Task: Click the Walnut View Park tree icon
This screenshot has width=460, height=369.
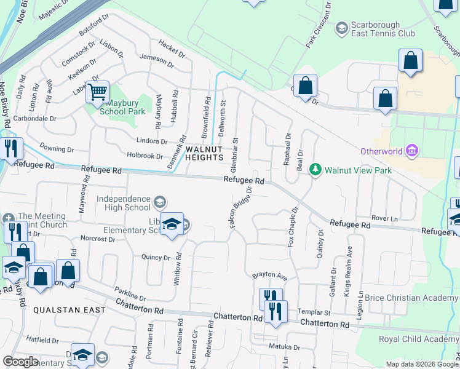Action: click(x=315, y=169)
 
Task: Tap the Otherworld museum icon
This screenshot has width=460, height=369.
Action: click(x=412, y=151)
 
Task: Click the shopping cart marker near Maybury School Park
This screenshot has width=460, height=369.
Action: click(x=97, y=93)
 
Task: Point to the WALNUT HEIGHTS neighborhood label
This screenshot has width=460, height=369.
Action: click(x=204, y=153)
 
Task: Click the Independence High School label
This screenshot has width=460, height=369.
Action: click(x=123, y=204)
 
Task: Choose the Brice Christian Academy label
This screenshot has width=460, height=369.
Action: click(x=411, y=298)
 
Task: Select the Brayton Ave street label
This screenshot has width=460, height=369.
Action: click(x=271, y=276)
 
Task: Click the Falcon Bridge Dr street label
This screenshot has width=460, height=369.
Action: click(x=241, y=208)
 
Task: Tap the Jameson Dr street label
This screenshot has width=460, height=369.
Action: click(x=157, y=59)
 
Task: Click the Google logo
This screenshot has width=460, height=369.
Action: click(x=20, y=362)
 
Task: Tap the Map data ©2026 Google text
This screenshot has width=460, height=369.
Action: click(x=421, y=364)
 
